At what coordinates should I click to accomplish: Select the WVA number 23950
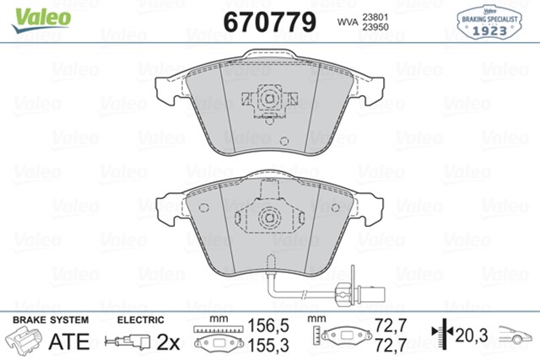[375, 26]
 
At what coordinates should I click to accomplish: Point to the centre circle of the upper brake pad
[269, 99]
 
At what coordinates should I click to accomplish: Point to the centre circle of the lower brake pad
[269, 216]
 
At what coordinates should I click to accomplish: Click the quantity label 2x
[169, 341]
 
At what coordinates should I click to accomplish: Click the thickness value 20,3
[473, 334]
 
